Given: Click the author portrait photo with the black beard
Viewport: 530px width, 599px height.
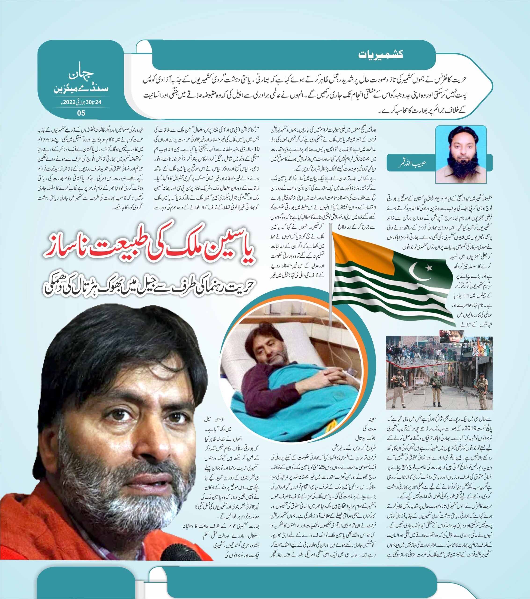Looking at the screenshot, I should (x=461, y=154).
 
